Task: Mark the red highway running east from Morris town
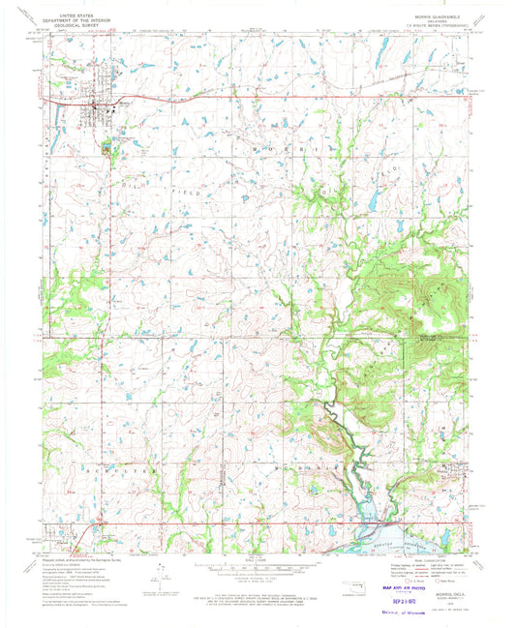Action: pyautogui.click(x=194, y=97)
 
